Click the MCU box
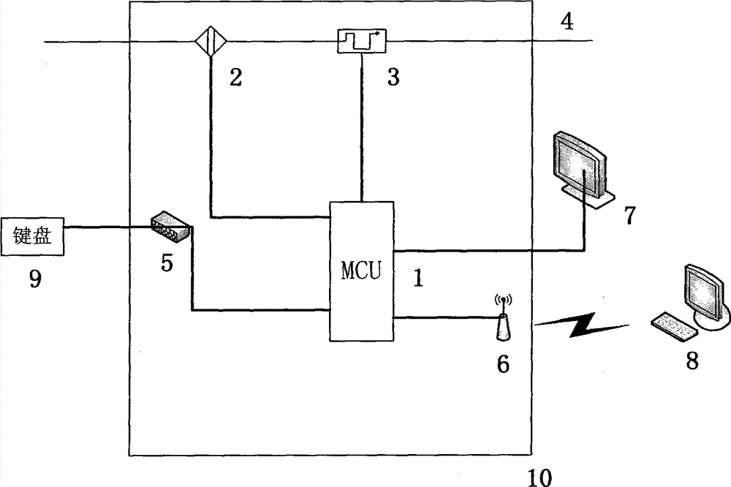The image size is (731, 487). coord(361,271)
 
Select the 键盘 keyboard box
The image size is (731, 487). coord(34,237)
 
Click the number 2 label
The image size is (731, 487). coord(235,78)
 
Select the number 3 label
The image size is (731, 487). coord(393,78)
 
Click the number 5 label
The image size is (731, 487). coord(167,263)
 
